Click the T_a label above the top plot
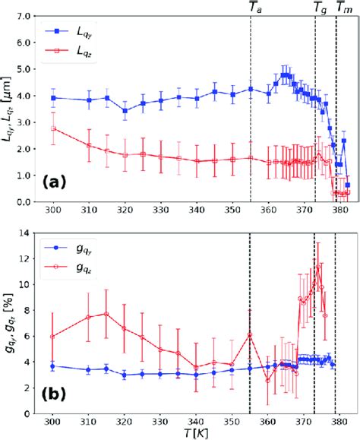pos(253,7)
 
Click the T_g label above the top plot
pos(320,7)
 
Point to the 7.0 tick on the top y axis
pos(22,16)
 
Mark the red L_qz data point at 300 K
pos(53,128)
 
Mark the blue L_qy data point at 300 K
pos(53,98)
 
